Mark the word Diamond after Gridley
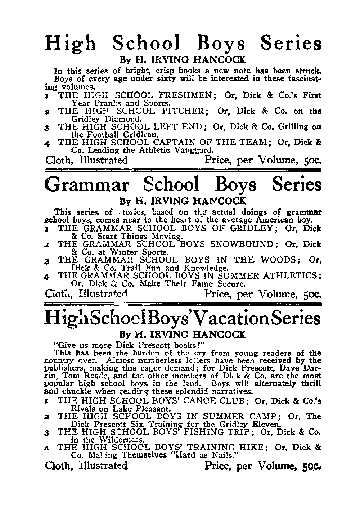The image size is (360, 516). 125,118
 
